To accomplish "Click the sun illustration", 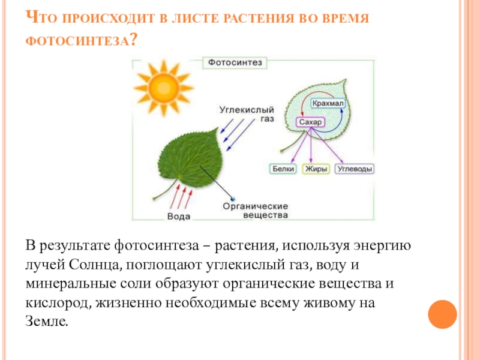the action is click(163, 88).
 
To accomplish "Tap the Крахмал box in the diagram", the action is click(328, 103).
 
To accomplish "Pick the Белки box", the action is click(283, 169).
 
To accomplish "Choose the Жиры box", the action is click(316, 169).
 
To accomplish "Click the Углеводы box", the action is click(355, 169).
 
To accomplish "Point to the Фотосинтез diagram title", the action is click(235, 62).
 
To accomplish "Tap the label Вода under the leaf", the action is click(179, 216).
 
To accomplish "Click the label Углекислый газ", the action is click(246, 115).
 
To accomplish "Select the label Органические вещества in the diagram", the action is click(256, 210).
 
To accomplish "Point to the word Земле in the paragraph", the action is click(47, 322).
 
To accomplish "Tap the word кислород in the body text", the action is click(56, 303).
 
